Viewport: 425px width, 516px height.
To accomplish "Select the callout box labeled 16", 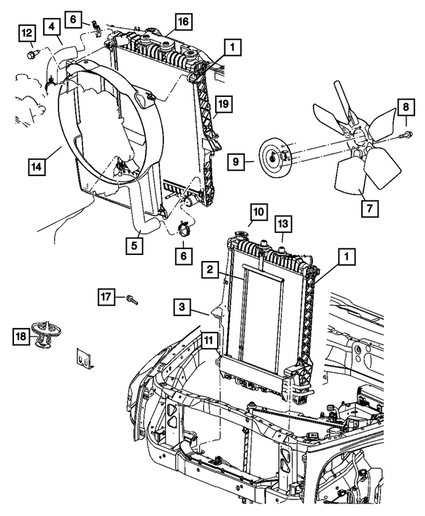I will point(183,22).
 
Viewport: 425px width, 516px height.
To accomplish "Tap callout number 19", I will point(223,104).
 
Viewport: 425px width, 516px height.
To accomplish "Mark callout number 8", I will point(406,106).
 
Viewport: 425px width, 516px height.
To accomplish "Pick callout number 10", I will point(257,213).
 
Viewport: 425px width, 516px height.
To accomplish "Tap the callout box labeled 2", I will point(209,269).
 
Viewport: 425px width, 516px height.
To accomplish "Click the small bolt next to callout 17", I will point(131,301).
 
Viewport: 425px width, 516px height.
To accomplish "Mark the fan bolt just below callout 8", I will point(404,135).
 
